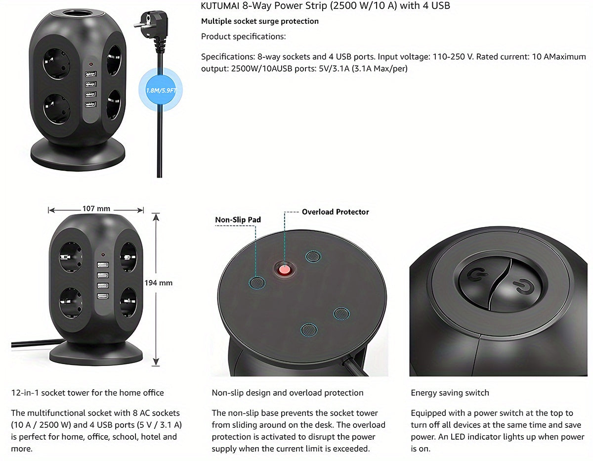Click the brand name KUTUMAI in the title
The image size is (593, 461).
coord(220,5)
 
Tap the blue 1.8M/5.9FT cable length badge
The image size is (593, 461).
coord(161,90)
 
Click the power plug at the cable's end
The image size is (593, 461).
coord(151,25)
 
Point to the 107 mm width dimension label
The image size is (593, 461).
coord(96,209)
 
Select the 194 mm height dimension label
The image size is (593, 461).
coord(158,282)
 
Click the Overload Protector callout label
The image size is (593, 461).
coord(335,212)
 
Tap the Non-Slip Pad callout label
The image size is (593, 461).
coord(238,220)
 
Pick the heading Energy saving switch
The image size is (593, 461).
coord(450,392)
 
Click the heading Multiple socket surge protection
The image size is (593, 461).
coord(260,21)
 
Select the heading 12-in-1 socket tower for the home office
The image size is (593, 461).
coord(87,392)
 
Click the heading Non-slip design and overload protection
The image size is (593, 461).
coord(288,392)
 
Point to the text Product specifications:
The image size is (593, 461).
coord(244,36)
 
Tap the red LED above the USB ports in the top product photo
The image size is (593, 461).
coord(91,64)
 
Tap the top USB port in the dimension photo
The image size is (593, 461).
coord(103,265)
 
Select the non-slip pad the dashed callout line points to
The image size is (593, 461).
coord(257,282)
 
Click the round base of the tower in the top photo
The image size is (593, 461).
coord(78,155)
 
